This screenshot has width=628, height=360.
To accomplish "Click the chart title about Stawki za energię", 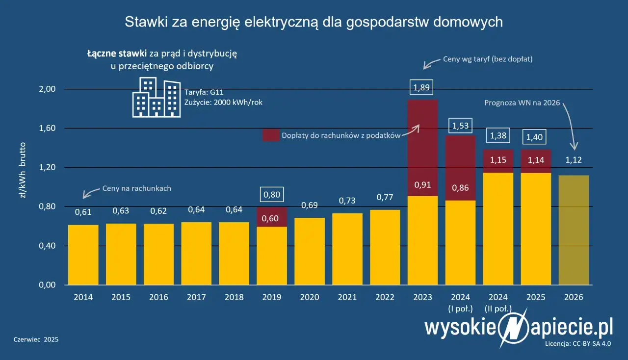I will tap(314, 22).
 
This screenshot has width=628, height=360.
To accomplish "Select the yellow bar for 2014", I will tap(83, 255).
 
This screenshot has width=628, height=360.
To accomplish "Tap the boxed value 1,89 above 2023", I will tap(422, 88).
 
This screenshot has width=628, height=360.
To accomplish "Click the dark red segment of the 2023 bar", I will tap(422, 147).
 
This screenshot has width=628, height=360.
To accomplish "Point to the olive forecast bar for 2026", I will tap(574, 231).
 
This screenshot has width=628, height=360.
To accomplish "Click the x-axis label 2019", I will tap(271, 297).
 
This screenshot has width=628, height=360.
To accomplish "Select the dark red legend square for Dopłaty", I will tap(270, 135).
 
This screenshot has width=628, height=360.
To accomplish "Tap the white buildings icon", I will tap(156, 98).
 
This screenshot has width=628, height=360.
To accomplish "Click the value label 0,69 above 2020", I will tap(309, 205).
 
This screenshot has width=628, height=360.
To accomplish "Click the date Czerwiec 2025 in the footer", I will tap(36, 339).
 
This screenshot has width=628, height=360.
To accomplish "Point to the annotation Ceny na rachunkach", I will tap(136, 188).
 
